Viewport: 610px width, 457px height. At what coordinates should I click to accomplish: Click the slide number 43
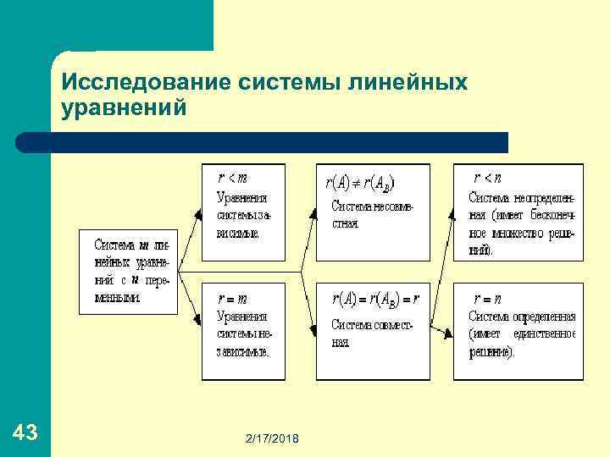tap(25, 433)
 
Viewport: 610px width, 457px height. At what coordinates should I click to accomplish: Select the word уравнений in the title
tap(124, 107)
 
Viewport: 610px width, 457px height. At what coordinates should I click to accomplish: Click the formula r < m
tap(232, 178)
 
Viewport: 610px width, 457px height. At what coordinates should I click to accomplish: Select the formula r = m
tap(232, 299)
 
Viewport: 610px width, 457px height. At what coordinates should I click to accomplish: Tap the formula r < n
tap(487, 178)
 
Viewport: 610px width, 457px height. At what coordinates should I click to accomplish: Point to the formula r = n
tap(487, 299)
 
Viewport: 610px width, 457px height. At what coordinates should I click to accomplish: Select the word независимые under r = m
tap(242, 352)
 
